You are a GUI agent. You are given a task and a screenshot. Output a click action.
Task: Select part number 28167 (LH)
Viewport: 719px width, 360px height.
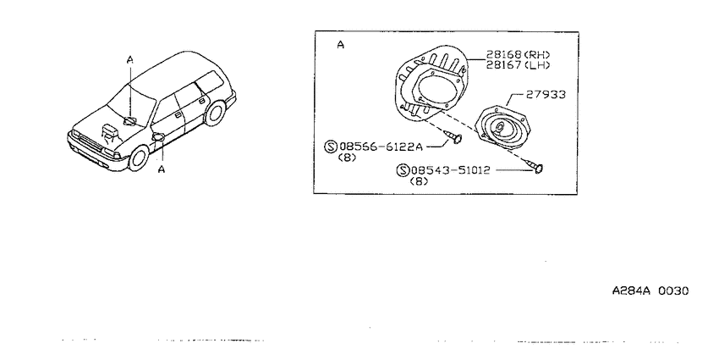pyautogui.click(x=519, y=65)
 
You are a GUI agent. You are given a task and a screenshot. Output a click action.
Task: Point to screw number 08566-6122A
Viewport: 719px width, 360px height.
pyautogui.click(x=380, y=147)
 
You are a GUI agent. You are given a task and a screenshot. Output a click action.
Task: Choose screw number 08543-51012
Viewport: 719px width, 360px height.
pyautogui.click(x=451, y=170)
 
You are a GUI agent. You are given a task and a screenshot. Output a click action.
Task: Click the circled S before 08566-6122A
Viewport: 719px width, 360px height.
pyautogui.click(x=331, y=147)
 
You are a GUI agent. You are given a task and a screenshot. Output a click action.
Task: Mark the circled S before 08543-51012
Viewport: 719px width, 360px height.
pyautogui.click(x=403, y=171)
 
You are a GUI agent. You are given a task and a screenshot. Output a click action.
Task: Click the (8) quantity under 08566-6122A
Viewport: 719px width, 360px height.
pyautogui.click(x=347, y=158)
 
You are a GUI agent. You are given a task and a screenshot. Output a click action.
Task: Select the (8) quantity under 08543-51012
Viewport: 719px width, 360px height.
pyautogui.click(x=419, y=181)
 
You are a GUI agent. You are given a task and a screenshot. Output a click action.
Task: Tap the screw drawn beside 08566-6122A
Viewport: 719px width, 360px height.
pyautogui.click(x=453, y=136)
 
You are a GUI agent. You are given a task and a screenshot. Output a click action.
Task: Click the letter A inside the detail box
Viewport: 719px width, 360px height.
pyautogui.click(x=340, y=45)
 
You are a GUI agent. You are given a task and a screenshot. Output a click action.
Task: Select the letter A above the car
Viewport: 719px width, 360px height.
pyautogui.click(x=130, y=59)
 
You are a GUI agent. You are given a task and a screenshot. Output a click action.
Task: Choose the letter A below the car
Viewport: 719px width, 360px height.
pyautogui.click(x=162, y=169)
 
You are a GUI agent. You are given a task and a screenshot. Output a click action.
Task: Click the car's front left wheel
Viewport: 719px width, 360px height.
pyautogui.click(x=138, y=158)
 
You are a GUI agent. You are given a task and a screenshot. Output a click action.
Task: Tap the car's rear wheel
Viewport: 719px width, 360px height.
pyautogui.click(x=214, y=113)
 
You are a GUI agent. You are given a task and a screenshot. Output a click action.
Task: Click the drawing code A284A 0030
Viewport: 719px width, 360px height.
pyautogui.click(x=650, y=291)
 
